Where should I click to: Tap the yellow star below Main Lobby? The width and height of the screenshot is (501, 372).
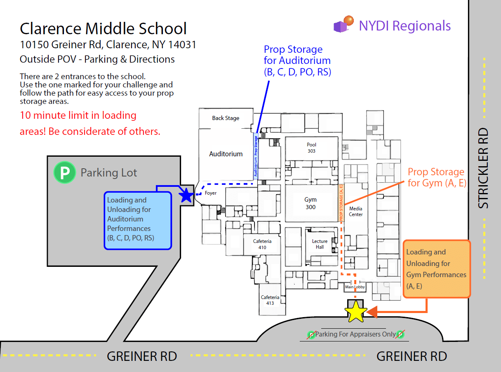pos(356,312)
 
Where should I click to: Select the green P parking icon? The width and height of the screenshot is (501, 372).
pos(65,172)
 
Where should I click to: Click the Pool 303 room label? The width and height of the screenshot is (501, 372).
pos(312,148)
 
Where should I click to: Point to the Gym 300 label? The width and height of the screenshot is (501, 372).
pos(310,203)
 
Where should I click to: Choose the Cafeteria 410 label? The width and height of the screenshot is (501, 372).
pos(262,244)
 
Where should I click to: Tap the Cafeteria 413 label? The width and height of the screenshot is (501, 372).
pos(270,300)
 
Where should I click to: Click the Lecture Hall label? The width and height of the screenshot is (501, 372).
pos(320,244)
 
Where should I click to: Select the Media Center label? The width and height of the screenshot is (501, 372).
pos(356,212)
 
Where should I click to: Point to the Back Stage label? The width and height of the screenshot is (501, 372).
pos(226,118)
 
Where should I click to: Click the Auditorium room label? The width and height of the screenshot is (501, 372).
pos(226,154)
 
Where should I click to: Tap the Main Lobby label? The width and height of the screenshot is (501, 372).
pos(355,287)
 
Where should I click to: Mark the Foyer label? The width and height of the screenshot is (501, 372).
pos(210,193)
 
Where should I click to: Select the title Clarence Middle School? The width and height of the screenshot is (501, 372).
pos(103,29)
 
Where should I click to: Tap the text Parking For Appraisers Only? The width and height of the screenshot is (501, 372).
pos(355,334)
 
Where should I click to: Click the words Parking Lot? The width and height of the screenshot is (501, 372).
pos(109,172)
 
